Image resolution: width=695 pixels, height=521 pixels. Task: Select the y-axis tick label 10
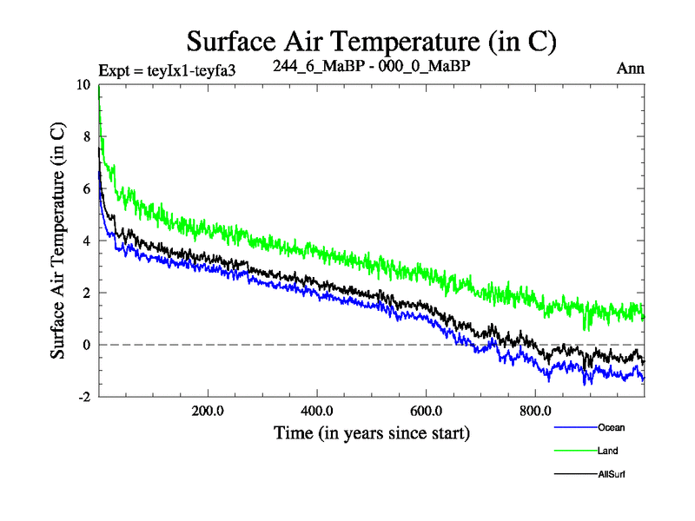pyautogui.click(x=83, y=85)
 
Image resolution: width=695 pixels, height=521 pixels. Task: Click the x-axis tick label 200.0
pyautogui.click(x=208, y=411)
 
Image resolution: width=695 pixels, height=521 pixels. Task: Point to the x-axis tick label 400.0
pyautogui.click(x=317, y=411)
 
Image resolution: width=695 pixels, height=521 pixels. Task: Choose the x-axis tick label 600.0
pyautogui.click(x=426, y=411)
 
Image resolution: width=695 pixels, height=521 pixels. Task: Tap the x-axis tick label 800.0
pyautogui.click(x=535, y=411)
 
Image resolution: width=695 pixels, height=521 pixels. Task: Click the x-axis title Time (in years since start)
pyautogui.click(x=372, y=432)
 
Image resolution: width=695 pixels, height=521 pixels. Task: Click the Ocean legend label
pyautogui.click(x=611, y=427)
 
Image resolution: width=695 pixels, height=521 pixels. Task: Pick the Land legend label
pyautogui.click(x=608, y=451)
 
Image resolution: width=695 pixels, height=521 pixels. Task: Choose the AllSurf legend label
pyautogui.click(x=612, y=474)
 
